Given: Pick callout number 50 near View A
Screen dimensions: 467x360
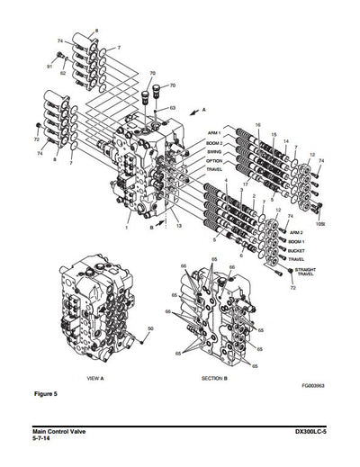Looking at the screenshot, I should coord(149,328).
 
